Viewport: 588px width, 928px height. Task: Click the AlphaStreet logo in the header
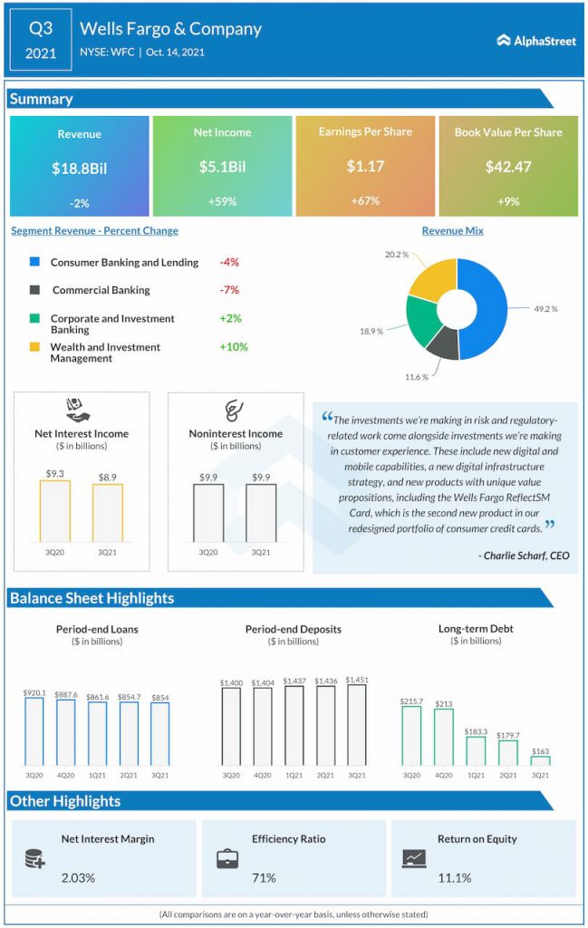tap(536, 40)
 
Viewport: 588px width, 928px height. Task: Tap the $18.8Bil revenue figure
tap(79, 169)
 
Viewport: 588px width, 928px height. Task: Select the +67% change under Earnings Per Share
tap(365, 201)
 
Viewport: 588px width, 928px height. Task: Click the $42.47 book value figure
tap(508, 167)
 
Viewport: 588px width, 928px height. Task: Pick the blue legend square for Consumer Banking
tap(35, 261)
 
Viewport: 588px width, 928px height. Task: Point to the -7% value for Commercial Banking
tap(229, 290)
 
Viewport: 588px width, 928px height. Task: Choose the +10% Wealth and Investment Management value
tap(234, 347)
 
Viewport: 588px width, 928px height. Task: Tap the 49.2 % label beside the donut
tap(545, 309)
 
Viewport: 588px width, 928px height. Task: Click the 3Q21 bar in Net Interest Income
tap(108, 513)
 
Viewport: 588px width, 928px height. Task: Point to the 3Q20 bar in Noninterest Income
tap(208, 513)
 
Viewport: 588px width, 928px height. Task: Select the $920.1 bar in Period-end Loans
tap(34, 731)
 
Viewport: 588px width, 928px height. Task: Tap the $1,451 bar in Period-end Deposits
tap(357, 725)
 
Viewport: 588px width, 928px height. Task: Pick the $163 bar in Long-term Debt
tap(540, 761)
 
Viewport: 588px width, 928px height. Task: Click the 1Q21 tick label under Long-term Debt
tap(476, 776)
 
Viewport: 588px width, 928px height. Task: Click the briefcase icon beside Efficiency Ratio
tap(227, 859)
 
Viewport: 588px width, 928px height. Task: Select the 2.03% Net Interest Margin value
tap(78, 877)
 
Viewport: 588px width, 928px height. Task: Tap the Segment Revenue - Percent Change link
tap(94, 231)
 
